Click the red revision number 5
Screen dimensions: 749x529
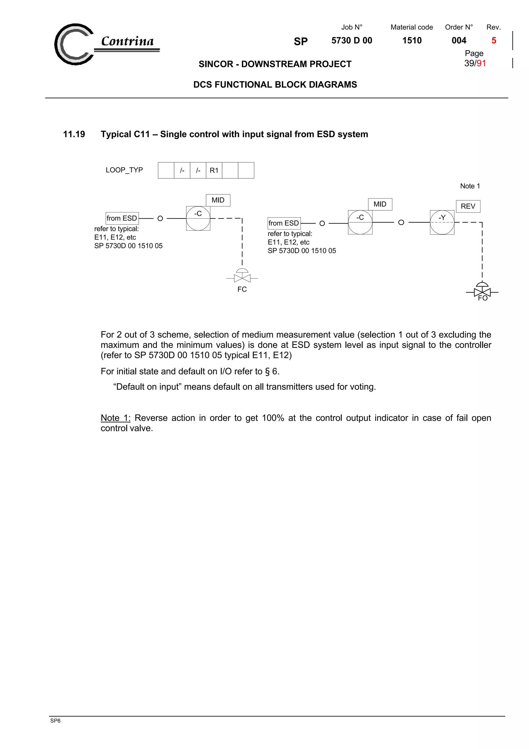(x=493, y=41)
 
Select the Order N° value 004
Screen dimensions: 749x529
(x=458, y=41)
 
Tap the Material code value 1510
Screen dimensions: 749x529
(x=412, y=41)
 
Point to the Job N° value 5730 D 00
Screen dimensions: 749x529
(x=352, y=41)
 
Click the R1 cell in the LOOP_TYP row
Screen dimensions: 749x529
(x=214, y=170)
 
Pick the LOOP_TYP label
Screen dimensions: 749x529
(x=124, y=170)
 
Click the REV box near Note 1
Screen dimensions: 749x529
(x=468, y=206)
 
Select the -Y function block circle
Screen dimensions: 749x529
(x=442, y=223)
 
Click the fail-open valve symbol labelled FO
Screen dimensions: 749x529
(x=482, y=291)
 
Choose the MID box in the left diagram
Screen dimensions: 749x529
(x=218, y=200)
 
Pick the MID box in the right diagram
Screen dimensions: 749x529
(x=380, y=204)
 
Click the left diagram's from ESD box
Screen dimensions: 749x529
(x=122, y=218)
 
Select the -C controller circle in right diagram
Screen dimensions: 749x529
(x=360, y=223)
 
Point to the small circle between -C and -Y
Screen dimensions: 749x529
(x=401, y=223)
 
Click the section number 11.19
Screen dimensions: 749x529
(x=74, y=134)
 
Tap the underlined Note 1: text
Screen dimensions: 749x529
(x=115, y=418)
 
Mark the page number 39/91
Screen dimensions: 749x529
(x=475, y=63)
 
